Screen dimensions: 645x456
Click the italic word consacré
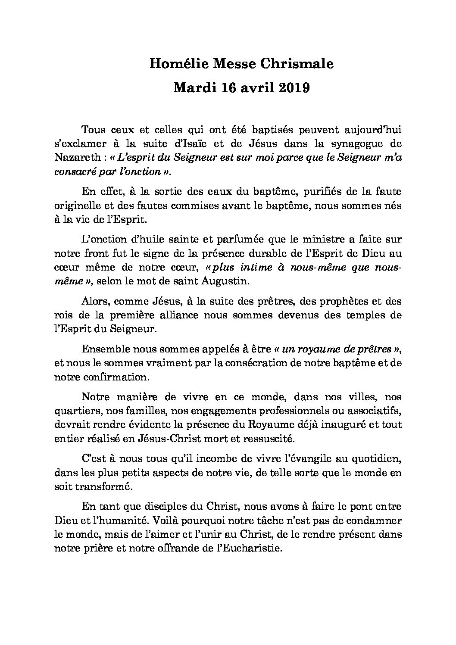tap(75, 171)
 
